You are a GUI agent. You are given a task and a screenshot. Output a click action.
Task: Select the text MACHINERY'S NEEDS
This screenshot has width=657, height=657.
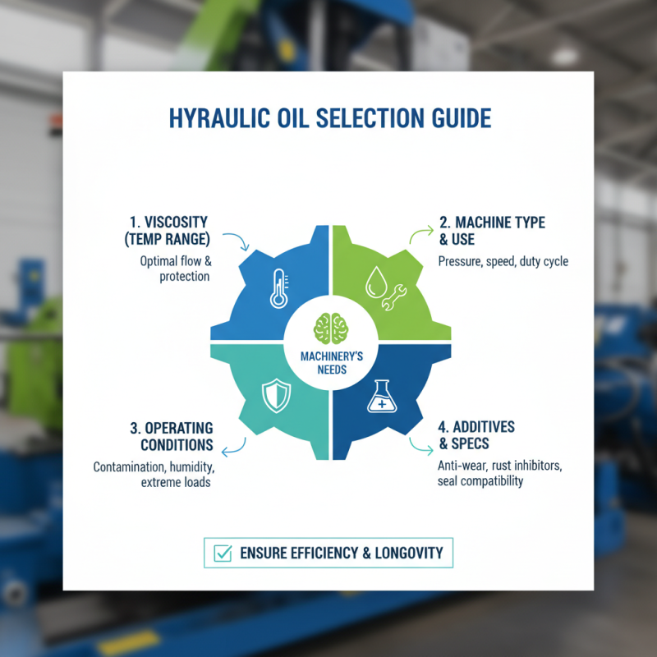[x=328, y=362]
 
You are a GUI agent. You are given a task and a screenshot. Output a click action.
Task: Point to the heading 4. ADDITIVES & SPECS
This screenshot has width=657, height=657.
[x=476, y=435]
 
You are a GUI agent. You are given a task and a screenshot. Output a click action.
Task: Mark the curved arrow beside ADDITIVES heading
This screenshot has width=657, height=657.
[x=420, y=448]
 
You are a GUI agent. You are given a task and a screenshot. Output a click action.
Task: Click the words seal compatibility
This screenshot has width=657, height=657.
[x=480, y=480]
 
